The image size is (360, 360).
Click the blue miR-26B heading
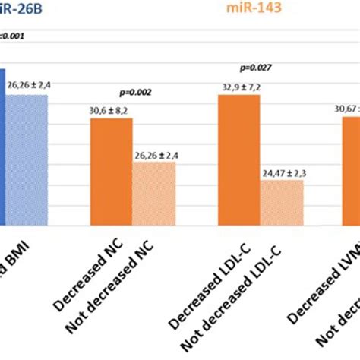click(22, 10)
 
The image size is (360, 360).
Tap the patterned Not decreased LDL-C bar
click(282, 203)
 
